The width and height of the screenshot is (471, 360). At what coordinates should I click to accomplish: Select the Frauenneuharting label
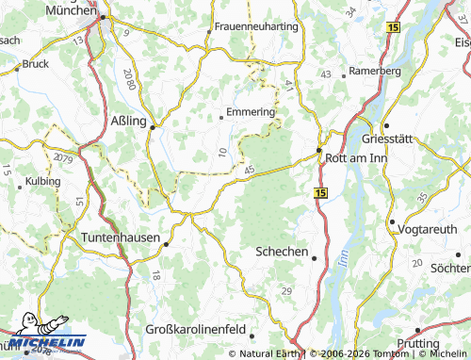pyautogui.click(x=257, y=26)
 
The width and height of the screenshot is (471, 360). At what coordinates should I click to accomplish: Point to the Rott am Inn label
pyautogui.click(x=355, y=158)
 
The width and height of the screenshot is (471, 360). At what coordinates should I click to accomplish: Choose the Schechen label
pyautogui.click(x=282, y=252)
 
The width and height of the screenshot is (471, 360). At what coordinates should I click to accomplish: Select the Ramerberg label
pyautogui.click(x=374, y=71)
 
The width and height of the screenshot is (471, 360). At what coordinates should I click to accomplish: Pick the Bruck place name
pyautogui.click(x=35, y=64)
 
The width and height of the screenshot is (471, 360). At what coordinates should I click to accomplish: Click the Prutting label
pyautogui.click(x=439, y=345)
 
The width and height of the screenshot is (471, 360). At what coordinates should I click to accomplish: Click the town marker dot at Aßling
pyautogui.click(x=152, y=126)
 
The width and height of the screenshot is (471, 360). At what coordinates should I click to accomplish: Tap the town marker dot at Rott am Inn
pyautogui.click(x=319, y=150)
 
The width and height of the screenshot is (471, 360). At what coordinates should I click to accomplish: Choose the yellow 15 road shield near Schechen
pyautogui.click(x=321, y=192)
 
